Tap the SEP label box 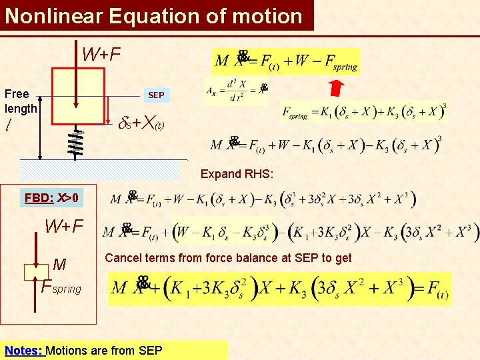156,95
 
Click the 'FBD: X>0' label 51,197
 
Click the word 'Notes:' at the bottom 24,350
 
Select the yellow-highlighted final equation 281,289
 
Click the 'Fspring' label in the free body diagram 61,288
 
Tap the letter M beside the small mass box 59,265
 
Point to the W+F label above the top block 101,54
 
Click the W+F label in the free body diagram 64,226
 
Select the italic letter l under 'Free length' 7,125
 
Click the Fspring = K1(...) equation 363,112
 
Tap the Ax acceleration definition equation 237,90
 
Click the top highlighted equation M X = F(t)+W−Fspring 286,62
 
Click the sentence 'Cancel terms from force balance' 228,258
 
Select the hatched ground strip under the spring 100,170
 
